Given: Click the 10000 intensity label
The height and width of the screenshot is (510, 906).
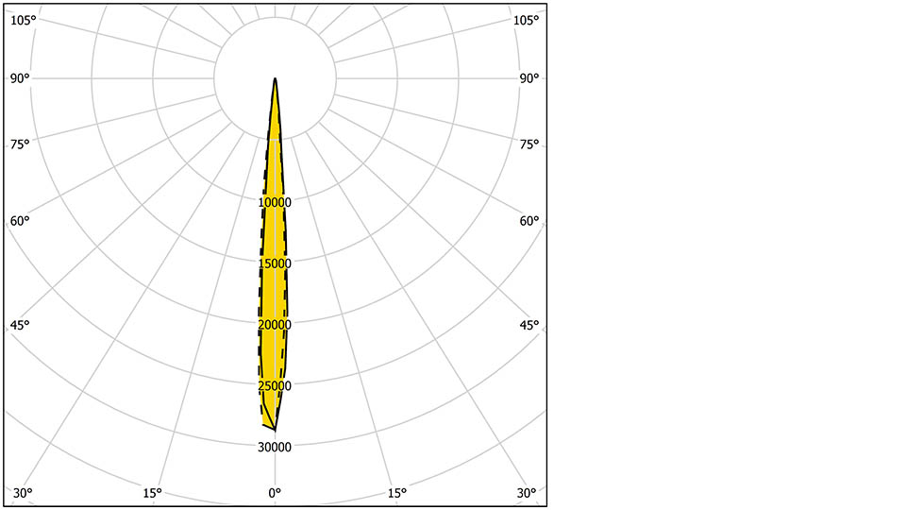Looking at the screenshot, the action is (x=275, y=202).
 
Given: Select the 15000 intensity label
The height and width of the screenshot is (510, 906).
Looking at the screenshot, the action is (x=275, y=263).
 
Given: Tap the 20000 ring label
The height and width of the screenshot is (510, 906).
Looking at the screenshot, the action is (x=275, y=325).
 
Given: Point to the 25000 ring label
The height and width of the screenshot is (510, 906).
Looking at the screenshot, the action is (x=275, y=385).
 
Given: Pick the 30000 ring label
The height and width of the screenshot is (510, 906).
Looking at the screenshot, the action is (x=275, y=447).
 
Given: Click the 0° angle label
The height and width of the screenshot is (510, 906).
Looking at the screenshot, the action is (x=275, y=493).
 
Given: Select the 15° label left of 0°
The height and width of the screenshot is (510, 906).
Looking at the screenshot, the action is (x=152, y=493).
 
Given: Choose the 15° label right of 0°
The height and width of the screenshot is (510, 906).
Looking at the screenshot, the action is (x=397, y=493).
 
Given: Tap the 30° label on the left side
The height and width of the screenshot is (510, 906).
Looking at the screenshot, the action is (x=23, y=493).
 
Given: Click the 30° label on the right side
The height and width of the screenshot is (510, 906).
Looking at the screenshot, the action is (x=527, y=493).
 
